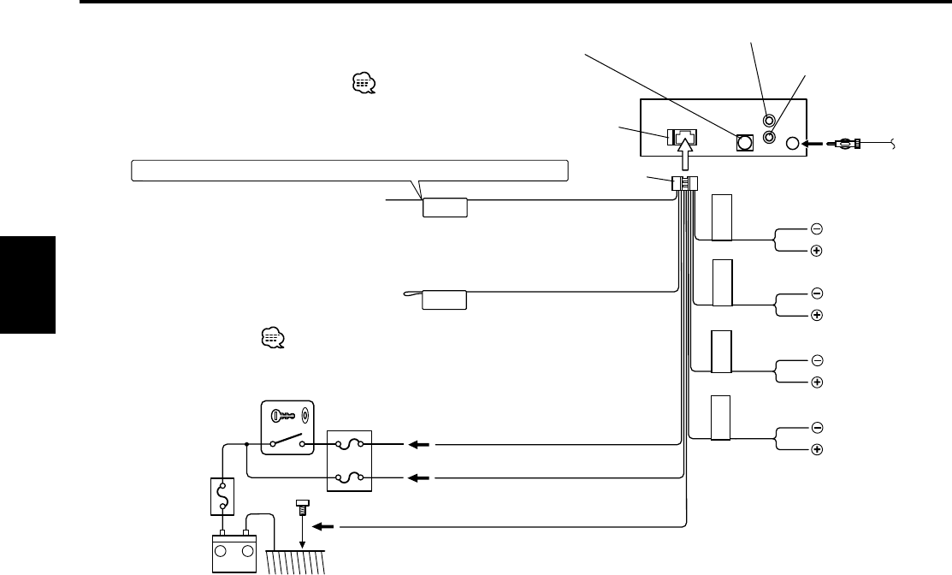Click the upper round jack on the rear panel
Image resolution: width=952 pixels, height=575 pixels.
769,122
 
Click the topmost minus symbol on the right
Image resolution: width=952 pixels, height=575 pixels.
816,228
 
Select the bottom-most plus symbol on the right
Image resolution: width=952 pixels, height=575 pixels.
816,449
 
